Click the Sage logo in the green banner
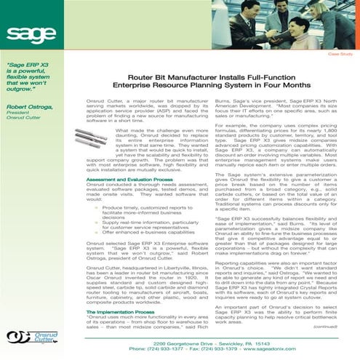pyautogui.click(x=30, y=33)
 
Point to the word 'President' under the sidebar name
pyautogui.click(x=17, y=113)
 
